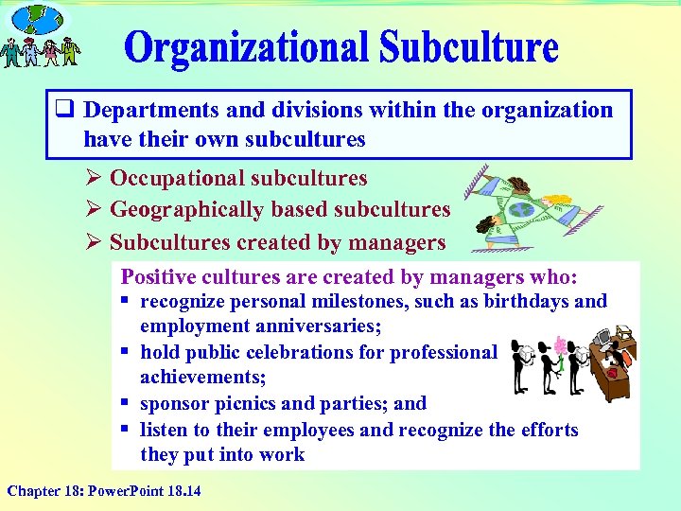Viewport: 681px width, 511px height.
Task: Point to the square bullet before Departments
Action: point(67,110)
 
